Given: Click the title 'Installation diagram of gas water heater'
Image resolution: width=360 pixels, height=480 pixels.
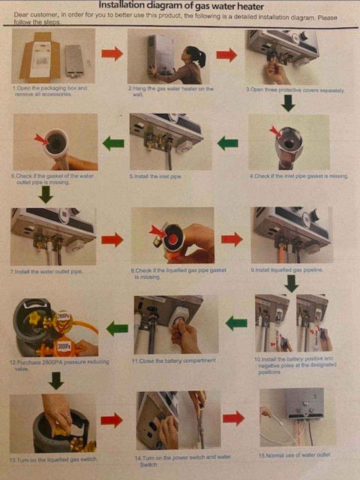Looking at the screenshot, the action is point(181,6).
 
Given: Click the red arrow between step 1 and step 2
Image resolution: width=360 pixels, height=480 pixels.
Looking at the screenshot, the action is point(112,53).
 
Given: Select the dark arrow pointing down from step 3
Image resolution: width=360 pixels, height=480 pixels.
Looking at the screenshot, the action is point(288,104).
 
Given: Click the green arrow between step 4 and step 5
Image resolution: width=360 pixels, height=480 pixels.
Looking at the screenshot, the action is point(228,143).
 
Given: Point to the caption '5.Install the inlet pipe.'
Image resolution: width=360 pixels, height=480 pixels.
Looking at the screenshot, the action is point(156,176).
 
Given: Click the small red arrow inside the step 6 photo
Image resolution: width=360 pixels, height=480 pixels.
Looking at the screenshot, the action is point(41,139).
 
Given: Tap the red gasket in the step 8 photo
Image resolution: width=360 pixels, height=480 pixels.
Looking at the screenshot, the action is point(173,239).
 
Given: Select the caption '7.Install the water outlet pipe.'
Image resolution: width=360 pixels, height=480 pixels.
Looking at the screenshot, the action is point(46,272).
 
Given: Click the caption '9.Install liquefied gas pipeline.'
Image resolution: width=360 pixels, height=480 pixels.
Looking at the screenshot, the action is point(286,270).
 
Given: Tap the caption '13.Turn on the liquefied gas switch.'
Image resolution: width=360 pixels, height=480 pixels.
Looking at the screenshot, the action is point(53,459).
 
